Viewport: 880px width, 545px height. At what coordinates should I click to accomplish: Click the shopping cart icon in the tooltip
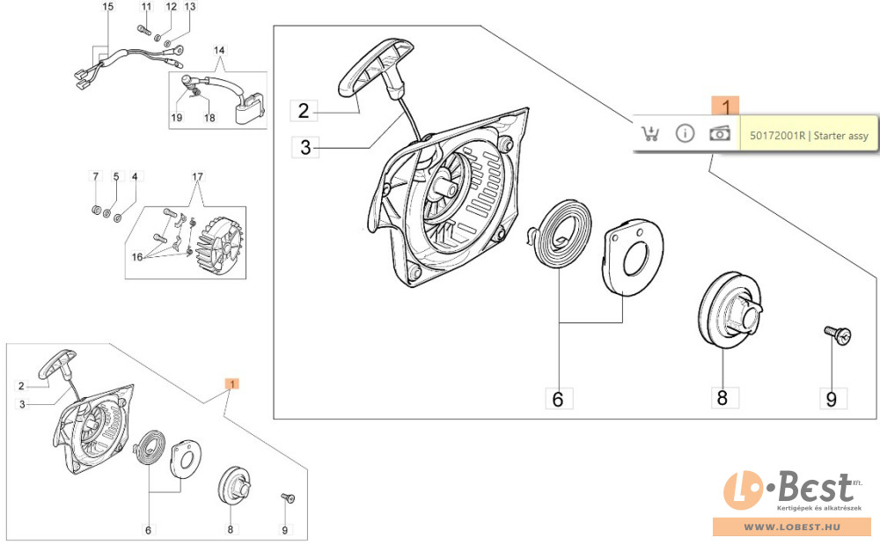tap(649, 134)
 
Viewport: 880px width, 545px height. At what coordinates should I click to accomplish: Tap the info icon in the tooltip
tap(685, 134)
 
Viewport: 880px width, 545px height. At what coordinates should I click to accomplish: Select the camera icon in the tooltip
tap(720, 133)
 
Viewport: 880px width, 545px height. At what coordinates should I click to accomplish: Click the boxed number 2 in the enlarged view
tap(304, 111)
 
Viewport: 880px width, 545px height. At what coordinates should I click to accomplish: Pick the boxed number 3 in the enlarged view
tap(305, 147)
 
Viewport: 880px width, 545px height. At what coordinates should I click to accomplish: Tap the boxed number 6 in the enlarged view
tap(557, 398)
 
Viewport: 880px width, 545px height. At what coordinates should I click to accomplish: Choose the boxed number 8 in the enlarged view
tap(722, 397)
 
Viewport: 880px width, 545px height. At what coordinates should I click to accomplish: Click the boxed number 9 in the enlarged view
tap(830, 399)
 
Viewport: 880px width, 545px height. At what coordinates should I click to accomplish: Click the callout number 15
tap(107, 7)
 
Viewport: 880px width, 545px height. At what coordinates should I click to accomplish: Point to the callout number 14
tap(219, 51)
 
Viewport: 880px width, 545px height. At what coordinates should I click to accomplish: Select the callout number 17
tap(197, 177)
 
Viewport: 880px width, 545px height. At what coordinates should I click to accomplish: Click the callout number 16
tap(137, 257)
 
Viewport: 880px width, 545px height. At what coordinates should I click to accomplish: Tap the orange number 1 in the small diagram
tap(231, 384)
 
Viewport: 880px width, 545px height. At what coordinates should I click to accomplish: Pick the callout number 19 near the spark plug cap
tap(176, 118)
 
